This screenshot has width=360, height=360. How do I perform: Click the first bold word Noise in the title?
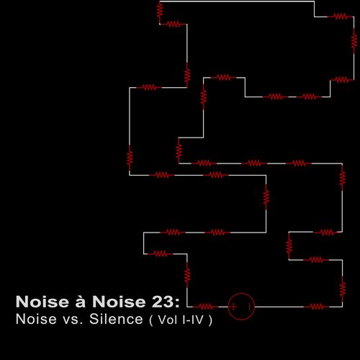click(x=42, y=302)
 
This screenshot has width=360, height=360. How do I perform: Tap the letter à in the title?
click(x=81, y=301)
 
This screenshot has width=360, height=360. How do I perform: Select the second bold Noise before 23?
click(x=119, y=302)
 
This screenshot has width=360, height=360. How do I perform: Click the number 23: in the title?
click(x=166, y=302)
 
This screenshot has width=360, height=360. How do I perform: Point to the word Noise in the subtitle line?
click(x=36, y=319)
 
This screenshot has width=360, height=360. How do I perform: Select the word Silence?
click(x=116, y=319)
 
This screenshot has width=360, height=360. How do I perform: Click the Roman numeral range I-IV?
click(x=193, y=320)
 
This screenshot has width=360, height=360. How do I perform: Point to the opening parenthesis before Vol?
click(x=151, y=320)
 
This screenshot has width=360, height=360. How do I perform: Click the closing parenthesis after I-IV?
click(x=210, y=320)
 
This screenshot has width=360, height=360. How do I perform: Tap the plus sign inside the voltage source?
click(x=233, y=307)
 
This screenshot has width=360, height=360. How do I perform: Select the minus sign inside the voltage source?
click(x=250, y=307)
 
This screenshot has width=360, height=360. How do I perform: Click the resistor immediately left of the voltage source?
click(x=206, y=307)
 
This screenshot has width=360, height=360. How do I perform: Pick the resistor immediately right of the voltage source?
click(x=317, y=307)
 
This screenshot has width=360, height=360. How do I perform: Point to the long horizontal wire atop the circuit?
click(x=237, y=1)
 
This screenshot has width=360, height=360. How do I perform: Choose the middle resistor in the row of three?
click(x=254, y=163)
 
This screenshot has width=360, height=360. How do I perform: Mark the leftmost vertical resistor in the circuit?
click(x=130, y=158)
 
